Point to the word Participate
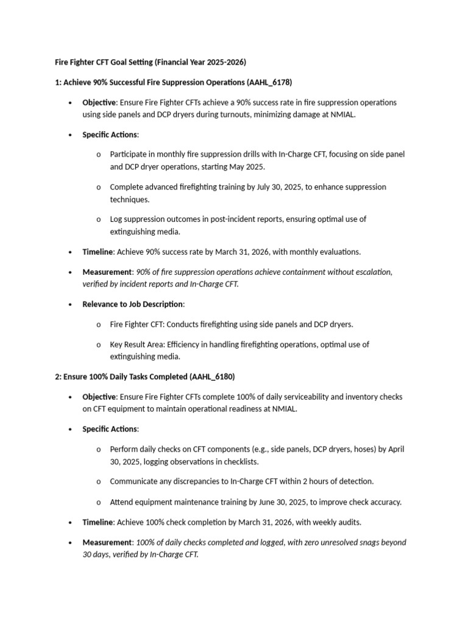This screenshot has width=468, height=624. [x=129, y=154]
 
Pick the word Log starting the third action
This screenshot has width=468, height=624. [x=116, y=219]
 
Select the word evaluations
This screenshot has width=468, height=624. [x=339, y=252]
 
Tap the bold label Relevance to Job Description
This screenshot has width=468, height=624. [x=132, y=304]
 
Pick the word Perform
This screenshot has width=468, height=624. [x=124, y=449]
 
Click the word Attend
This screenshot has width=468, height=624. [x=121, y=502]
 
